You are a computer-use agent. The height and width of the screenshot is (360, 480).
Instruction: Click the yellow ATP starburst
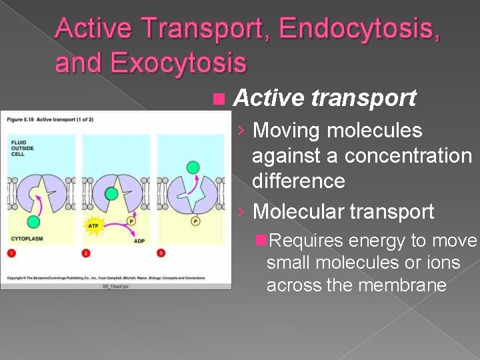pos(93,226)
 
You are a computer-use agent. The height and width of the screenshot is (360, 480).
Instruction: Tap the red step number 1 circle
pos(11,253)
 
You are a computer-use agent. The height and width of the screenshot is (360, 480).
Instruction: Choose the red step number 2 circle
pos(87,253)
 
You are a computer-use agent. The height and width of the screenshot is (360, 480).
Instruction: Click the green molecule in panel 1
pos(33,223)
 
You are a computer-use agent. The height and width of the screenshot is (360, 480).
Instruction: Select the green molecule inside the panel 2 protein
pos(112,194)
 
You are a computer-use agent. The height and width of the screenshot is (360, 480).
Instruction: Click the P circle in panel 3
pos(195,221)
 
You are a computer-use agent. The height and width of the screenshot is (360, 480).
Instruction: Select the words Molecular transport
pos(343,212)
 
